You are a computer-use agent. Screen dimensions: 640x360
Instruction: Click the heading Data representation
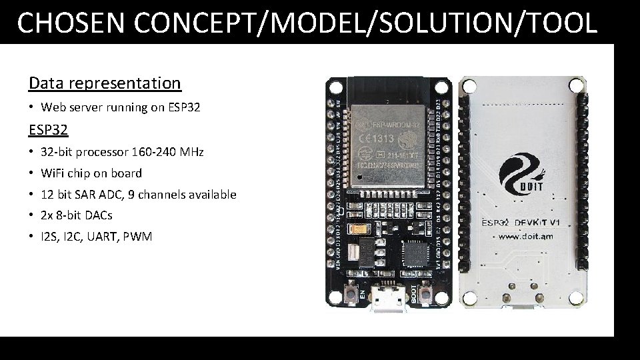[105, 83]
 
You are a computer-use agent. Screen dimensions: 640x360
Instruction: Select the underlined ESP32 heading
[49, 128]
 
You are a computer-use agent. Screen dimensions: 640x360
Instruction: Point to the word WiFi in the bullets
[54, 173]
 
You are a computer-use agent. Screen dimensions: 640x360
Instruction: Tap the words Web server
[72, 107]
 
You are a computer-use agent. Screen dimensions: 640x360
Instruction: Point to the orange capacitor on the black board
[363, 229]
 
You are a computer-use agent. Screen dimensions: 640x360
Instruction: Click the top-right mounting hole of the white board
[579, 86]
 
